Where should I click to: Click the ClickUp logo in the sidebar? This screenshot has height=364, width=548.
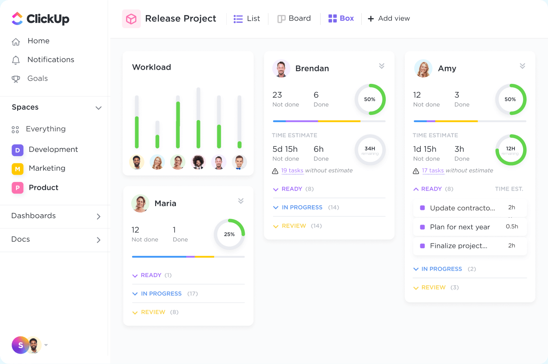40,19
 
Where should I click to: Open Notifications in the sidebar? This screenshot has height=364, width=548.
50,60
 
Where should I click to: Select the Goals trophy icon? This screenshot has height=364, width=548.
16,79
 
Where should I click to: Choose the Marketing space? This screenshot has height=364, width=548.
47,168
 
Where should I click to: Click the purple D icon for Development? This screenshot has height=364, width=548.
17,150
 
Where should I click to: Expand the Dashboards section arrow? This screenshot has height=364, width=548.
99,216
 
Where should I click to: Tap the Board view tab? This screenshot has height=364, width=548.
294,19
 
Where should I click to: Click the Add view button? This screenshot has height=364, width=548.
389,19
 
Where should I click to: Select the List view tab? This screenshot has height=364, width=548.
247,19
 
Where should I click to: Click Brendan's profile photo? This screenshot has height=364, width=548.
281,68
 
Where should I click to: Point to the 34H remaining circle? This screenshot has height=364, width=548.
370,150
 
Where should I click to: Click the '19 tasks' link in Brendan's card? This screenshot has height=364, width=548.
292,171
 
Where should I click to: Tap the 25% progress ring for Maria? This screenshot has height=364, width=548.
229,234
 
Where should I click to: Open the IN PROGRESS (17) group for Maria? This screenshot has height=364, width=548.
161,294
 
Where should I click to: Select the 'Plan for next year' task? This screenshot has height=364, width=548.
460,227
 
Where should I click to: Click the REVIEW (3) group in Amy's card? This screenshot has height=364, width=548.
434,287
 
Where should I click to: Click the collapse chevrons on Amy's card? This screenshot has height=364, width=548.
522,66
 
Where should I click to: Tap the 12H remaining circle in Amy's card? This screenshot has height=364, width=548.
511,150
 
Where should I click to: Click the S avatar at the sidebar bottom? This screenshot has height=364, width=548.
20,345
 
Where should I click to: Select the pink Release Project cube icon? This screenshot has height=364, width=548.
131,19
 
